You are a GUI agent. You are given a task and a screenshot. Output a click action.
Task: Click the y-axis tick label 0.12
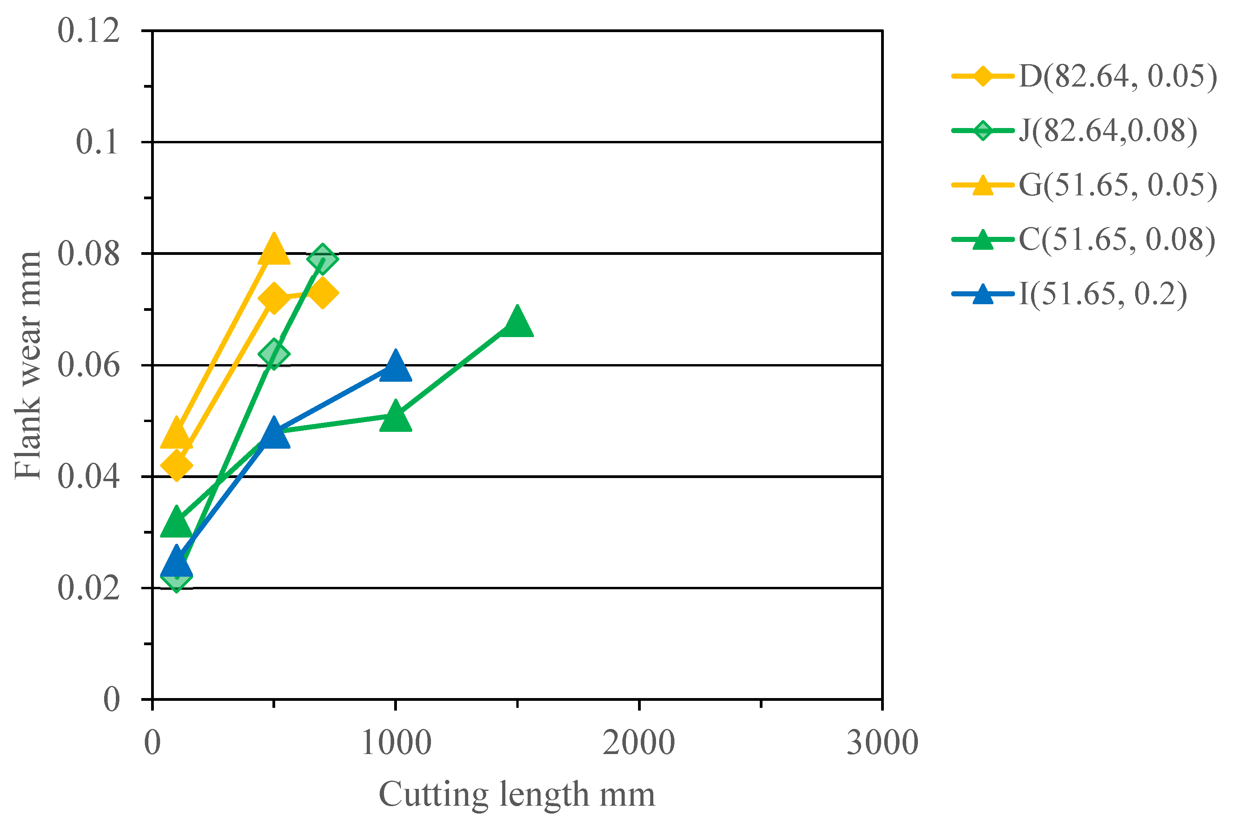tap(89, 31)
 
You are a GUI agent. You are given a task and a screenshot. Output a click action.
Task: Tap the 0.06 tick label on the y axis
tap(89, 365)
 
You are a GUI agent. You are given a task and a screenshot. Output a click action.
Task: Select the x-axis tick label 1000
tap(396, 743)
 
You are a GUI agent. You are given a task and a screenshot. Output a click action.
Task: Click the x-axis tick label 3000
tap(882, 743)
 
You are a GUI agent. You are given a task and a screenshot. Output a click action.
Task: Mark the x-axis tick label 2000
tap(639, 743)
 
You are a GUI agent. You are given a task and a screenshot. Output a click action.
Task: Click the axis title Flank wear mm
tap(27, 365)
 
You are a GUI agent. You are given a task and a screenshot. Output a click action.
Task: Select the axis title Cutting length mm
tap(517, 794)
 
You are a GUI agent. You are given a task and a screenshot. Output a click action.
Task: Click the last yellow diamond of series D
tap(322, 293)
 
